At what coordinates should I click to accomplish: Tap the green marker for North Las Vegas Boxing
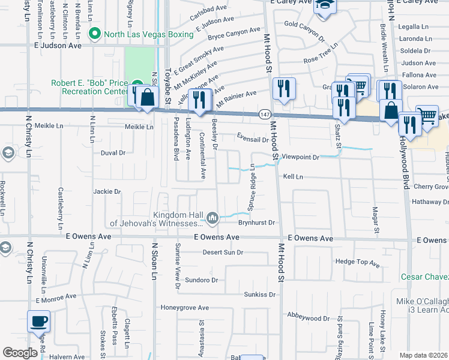click(93, 34)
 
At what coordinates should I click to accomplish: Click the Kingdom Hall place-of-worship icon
click(212, 217)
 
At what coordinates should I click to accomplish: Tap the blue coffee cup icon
click(39, 322)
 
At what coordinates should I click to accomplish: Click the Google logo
click(20, 353)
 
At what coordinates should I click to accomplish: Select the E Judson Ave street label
click(58, 45)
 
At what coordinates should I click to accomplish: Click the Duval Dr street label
click(113, 153)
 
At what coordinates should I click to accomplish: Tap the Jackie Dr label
click(107, 192)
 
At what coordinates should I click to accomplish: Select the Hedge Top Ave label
click(358, 263)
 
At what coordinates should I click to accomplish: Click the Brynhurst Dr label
click(256, 223)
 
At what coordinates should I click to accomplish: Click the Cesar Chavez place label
click(425, 277)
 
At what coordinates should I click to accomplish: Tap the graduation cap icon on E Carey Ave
click(325, 5)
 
